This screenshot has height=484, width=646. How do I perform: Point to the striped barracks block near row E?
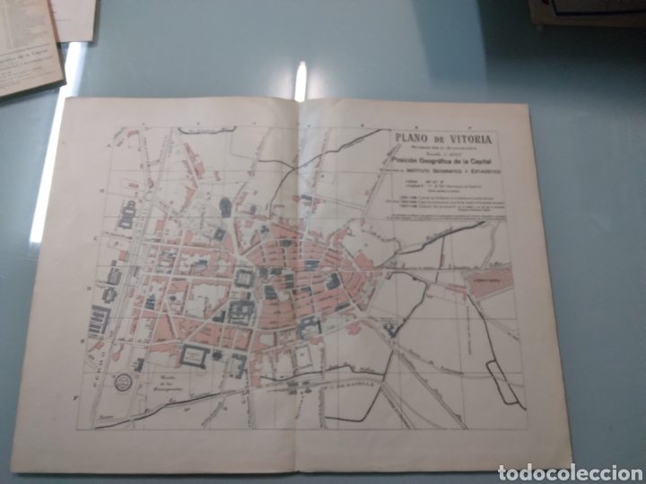(99, 320)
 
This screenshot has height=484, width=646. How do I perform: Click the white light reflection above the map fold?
(300, 82)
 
